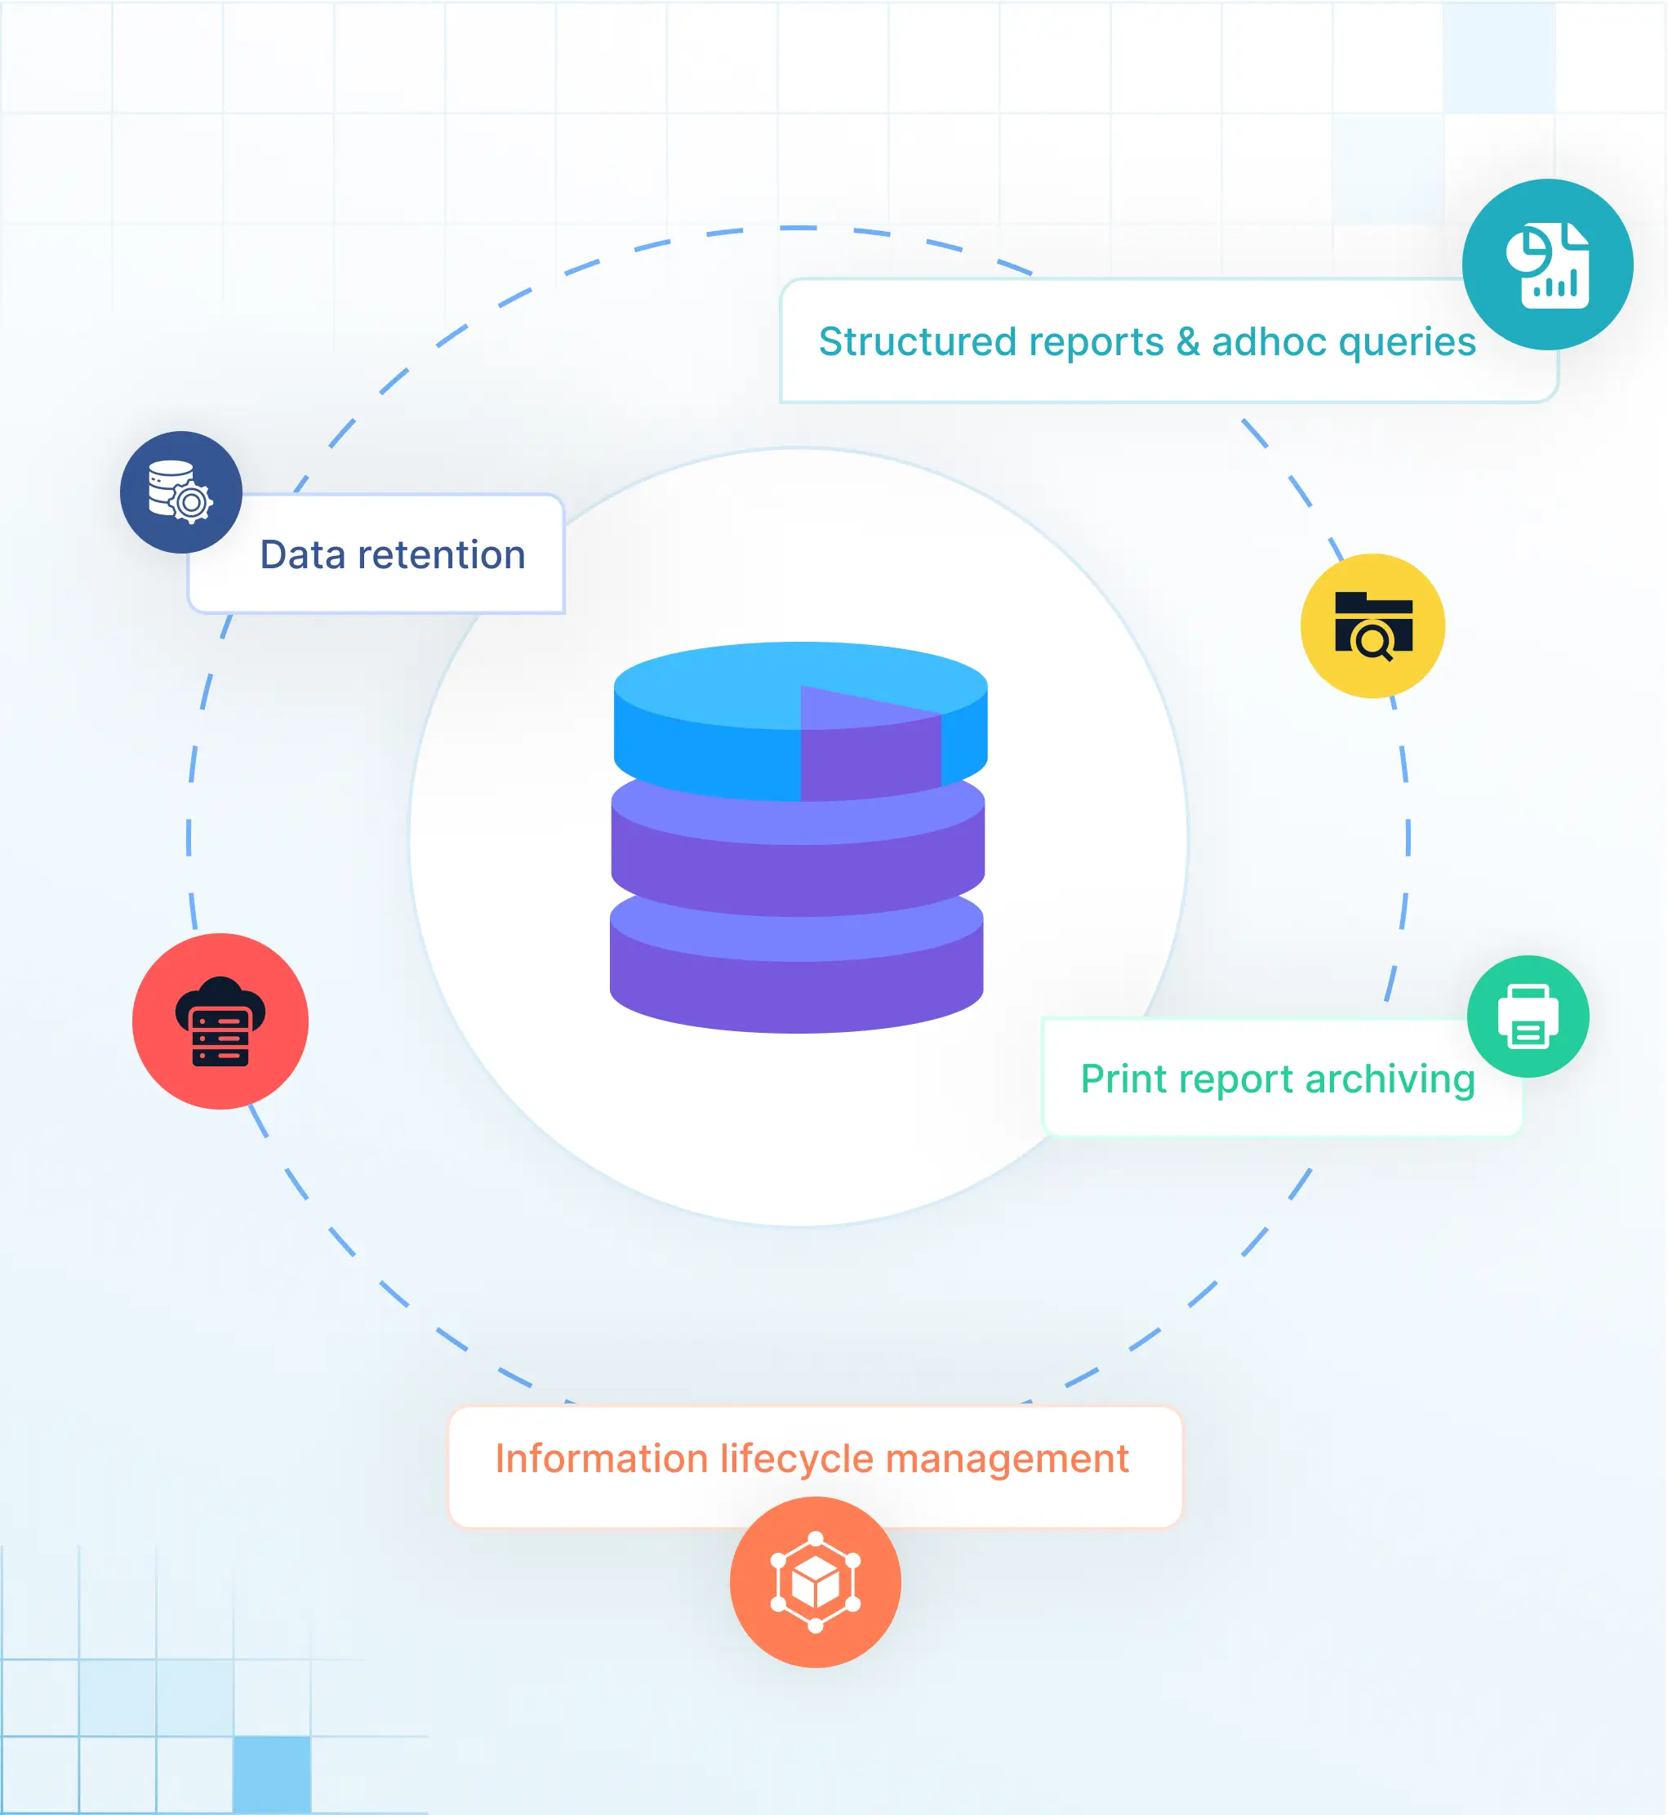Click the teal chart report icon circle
tap(1547, 265)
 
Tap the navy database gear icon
tap(180, 492)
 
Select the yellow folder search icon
tap(1372, 625)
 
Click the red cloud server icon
tap(220, 1021)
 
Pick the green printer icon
tap(1528, 1016)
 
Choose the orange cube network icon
tap(815, 1582)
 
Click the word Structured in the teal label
tap(914, 342)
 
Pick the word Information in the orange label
tap(601, 1459)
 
